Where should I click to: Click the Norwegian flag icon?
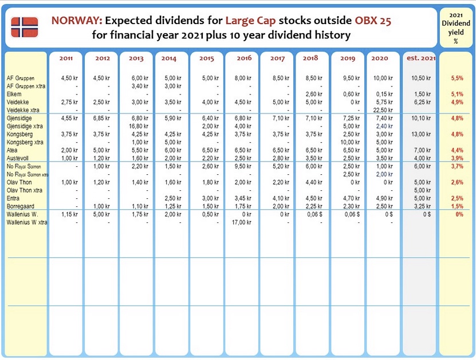tap(25, 27)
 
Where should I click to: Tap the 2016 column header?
tap(244, 58)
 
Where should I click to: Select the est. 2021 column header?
tap(421, 58)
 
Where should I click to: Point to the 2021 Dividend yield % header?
tap(455, 28)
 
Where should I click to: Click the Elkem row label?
tap(14, 94)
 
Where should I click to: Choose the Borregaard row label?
tap(21, 206)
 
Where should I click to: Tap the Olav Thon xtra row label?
tap(25, 190)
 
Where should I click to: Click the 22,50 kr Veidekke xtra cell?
tap(383, 110)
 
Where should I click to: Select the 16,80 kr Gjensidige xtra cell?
tap(139, 126)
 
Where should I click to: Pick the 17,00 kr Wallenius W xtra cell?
tap(241, 222)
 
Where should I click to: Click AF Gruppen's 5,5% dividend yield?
tap(457, 78)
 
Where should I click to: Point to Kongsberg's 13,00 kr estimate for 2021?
tap(421, 134)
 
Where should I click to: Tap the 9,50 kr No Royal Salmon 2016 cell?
tap(243, 166)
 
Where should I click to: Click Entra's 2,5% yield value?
tap(457, 198)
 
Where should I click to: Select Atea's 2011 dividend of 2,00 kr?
tap(69, 150)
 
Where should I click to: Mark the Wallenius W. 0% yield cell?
tap(459, 214)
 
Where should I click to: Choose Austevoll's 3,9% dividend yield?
tap(457, 158)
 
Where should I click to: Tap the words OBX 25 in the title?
tap(373, 21)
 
